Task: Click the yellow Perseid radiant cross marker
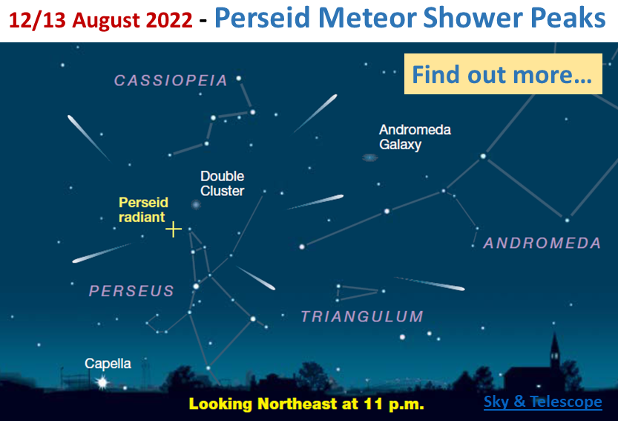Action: pos(174,229)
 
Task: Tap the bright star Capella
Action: pos(102,382)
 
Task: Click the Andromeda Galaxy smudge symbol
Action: pos(369,158)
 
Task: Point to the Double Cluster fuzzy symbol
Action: pos(196,204)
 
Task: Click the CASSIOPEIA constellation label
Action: pos(171,80)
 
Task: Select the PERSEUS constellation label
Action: pos(131,291)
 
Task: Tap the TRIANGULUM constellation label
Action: pos(362,316)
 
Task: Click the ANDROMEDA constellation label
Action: pos(542,243)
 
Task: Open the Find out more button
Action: pos(503,74)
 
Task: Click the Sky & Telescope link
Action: pos(543,402)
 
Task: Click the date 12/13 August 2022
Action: pos(100,20)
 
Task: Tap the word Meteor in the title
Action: pos(367,18)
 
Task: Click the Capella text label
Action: pos(108,363)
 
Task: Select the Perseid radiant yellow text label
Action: pos(143,209)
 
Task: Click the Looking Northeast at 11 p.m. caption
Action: pos(306,404)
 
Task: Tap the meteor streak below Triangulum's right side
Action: pos(430,284)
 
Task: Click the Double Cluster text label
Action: pos(223,183)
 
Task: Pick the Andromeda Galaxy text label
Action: pos(415,137)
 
